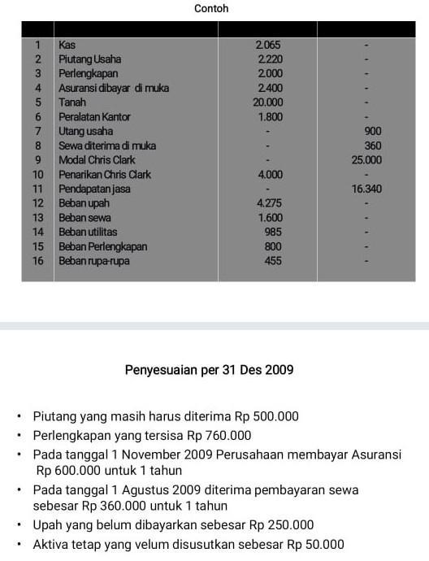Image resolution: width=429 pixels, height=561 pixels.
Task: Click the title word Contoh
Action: tap(211, 9)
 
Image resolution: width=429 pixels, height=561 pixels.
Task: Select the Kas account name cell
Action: tap(67, 46)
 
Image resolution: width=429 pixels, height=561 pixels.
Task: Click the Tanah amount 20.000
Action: tap(268, 102)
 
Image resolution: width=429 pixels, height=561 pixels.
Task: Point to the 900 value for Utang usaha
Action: tap(373, 131)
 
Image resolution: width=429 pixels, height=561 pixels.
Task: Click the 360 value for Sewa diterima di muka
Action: tap(373, 146)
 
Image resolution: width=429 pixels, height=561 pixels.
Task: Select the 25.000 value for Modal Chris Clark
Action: tap(366, 160)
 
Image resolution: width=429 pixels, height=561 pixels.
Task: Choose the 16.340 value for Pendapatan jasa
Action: tap(366, 189)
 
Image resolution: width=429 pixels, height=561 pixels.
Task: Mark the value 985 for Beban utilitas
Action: tap(273, 233)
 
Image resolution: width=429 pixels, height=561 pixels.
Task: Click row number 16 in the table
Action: tap(37, 261)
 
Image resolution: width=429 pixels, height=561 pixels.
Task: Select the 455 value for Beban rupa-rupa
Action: tap(273, 261)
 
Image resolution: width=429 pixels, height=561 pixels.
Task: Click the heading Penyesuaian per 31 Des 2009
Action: tap(209, 370)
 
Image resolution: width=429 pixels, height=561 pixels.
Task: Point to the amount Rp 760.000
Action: tap(219, 435)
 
